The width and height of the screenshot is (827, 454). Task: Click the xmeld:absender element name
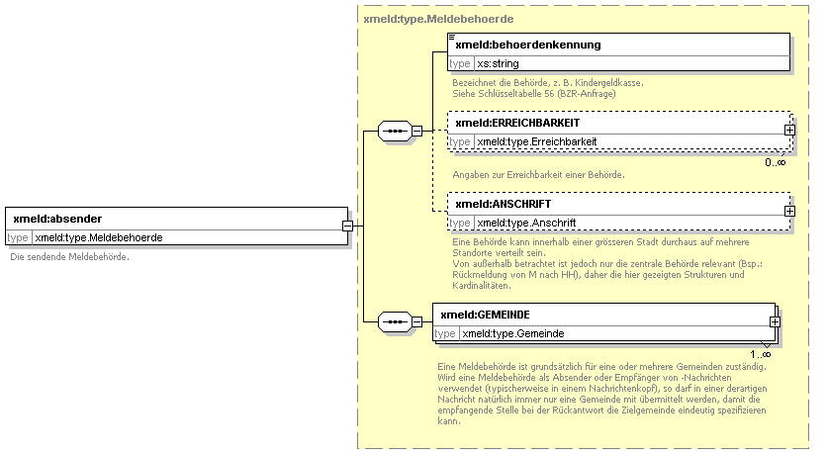(x=57, y=219)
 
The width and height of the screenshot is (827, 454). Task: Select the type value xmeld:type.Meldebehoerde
(x=99, y=237)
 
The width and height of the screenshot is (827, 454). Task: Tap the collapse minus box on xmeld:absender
(x=347, y=226)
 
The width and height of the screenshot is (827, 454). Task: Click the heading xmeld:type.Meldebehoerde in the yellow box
(x=438, y=20)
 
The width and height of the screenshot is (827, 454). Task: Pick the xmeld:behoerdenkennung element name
(x=528, y=45)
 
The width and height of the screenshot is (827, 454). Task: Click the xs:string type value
(x=498, y=64)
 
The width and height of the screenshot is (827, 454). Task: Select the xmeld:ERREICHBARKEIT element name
(x=517, y=123)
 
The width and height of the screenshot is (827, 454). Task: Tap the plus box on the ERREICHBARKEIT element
(x=789, y=130)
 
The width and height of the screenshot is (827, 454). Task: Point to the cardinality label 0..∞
(x=776, y=162)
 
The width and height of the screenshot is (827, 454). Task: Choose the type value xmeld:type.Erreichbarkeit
(x=537, y=141)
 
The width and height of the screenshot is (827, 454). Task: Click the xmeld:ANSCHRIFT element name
(x=504, y=204)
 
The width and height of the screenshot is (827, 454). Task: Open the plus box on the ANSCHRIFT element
(x=789, y=211)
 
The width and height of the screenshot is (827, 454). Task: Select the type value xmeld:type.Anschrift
(x=526, y=224)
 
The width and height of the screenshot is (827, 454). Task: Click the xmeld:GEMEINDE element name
(x=486, y=315)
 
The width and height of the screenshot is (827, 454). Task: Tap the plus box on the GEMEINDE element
(x=775, y=321)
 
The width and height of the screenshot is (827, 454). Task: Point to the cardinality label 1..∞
(x=761, y=354)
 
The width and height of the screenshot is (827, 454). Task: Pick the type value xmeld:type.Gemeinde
(x=513, y=333)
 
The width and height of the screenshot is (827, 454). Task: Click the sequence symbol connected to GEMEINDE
(x=395, y=321)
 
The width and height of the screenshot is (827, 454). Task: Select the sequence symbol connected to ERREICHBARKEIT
(x=395, y=131)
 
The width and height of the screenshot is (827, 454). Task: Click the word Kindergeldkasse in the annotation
(x=608, y=83)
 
